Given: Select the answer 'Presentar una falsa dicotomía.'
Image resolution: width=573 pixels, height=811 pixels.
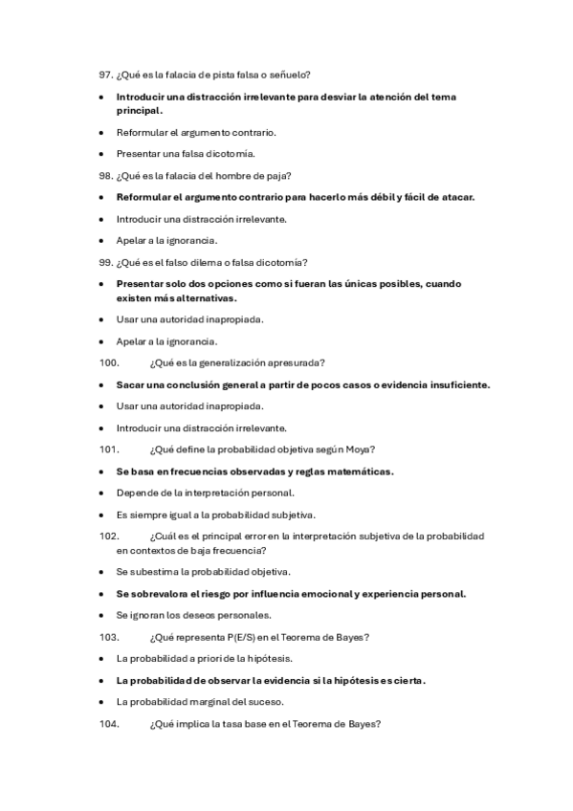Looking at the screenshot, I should point(186,153).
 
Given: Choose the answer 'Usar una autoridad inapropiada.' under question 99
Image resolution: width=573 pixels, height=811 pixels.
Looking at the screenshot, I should point(189,318).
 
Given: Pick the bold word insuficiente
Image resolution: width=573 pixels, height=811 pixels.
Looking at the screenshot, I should point(453,384).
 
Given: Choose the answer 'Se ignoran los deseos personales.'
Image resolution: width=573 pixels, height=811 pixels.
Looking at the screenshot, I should point(193,615).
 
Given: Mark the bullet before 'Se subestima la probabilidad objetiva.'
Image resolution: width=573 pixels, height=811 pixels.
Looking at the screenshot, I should point(100,572).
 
